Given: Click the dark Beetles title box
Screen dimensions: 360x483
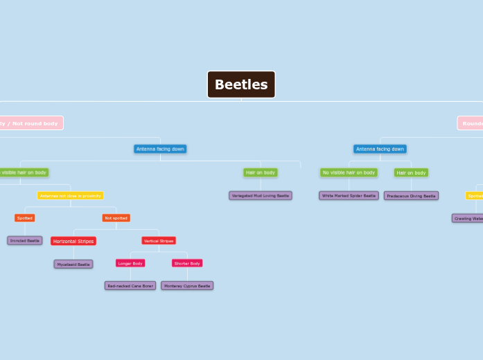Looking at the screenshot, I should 241,84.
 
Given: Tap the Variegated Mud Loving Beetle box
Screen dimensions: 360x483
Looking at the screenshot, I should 261,196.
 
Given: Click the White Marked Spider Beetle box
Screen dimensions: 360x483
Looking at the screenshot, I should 349,196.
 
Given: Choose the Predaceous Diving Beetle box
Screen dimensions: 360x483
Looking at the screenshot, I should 411,196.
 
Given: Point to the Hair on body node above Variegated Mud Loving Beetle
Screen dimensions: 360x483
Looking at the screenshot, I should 261,172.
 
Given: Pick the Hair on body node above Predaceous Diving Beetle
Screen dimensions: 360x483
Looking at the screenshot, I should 411,172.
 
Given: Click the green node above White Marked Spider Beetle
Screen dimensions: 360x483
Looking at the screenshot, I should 349,172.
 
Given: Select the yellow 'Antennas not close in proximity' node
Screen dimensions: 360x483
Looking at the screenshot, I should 70,196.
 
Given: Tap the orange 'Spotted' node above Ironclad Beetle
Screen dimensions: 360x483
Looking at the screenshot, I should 25,218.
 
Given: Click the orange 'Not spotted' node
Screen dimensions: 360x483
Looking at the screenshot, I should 116,218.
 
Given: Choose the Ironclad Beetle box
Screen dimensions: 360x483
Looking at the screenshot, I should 25,241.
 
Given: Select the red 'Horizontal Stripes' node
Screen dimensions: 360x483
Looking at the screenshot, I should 73,241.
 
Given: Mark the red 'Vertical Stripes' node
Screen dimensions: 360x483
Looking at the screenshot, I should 159,241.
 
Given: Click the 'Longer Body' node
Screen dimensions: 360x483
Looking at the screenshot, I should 130,263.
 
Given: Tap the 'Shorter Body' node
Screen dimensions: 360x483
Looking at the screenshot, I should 187,263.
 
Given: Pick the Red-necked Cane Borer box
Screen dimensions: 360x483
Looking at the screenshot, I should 130,285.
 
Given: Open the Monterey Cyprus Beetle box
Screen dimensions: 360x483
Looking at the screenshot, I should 187,285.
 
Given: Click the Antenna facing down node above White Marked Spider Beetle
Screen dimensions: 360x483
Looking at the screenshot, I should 380,149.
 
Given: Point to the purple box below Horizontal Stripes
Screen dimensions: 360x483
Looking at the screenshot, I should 73,264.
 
